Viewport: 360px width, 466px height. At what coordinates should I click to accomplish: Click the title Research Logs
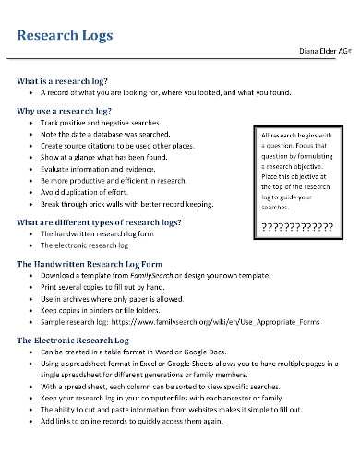click(x=66, y=36)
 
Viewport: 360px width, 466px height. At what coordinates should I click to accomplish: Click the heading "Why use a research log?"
click(x=65, y=111)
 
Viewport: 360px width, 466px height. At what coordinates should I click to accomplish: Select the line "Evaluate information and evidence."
click(x=101, y=169)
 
